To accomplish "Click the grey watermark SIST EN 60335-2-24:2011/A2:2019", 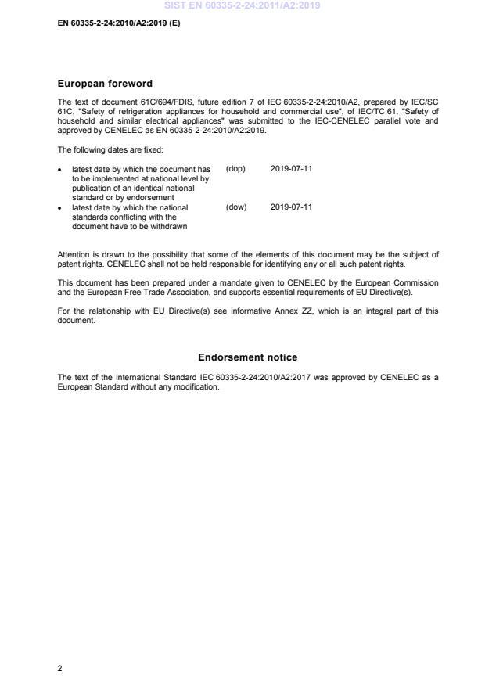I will (x=242, y=5).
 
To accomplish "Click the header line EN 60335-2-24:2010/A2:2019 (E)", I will (x=113, y=23).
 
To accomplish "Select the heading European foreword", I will (x=105, y=84).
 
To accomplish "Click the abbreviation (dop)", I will (x=235, y=168).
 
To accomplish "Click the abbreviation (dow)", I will (x=235, y=207).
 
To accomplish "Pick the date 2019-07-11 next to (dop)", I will (x=291, y=168).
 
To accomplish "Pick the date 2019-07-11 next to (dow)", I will (x=291, y=207).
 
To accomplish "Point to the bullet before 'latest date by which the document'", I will (x=60, y=169).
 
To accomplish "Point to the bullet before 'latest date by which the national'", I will (x=60, y=208).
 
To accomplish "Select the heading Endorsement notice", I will (x=247, y=357).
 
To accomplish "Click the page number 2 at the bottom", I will (x=60, y=668).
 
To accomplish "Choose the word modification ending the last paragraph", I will (x=199, y=386).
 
